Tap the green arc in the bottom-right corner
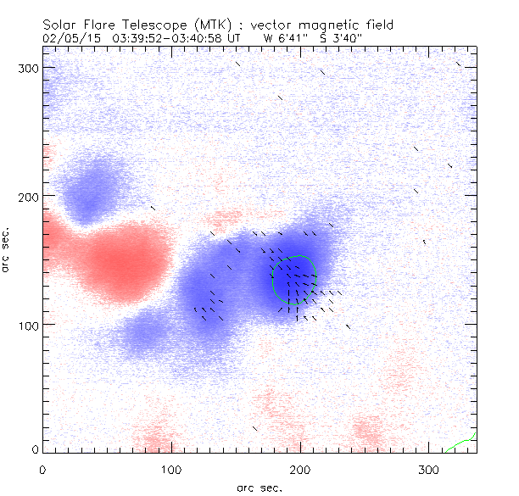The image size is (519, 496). click(463, 443)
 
